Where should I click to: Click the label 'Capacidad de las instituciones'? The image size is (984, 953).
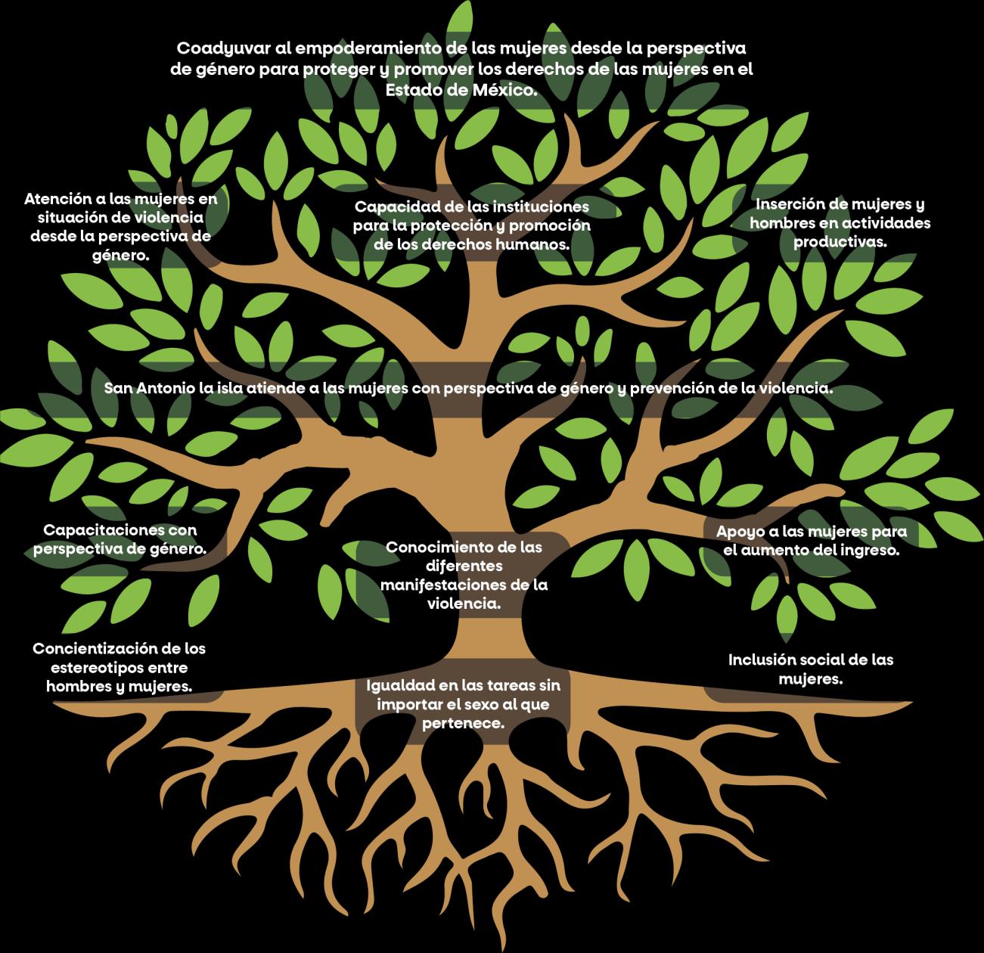[471, 206]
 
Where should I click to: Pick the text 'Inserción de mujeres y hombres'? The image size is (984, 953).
[840, 214]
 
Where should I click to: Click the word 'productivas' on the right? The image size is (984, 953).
[840, 242]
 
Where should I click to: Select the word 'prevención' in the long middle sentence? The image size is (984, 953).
[676, 389]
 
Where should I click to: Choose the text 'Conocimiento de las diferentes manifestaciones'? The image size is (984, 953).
[464, 566]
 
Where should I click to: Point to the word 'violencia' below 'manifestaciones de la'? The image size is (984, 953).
[463, 604]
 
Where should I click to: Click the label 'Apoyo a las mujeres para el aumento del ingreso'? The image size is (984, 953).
[812, 541]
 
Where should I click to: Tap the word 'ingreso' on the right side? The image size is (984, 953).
[869, 551]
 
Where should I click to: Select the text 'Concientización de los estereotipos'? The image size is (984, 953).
[119, 659]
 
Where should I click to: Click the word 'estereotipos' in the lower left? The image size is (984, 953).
[119, 668]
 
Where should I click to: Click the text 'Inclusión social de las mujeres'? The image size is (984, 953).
[811, 669]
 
